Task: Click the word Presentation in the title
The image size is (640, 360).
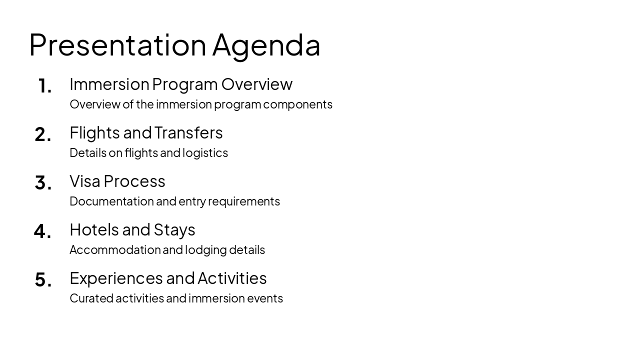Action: pos(117,45)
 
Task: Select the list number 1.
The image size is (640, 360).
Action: pos(44,86)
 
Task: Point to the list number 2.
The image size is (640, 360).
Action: pos(42,134)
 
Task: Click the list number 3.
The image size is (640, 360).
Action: pos(42,183)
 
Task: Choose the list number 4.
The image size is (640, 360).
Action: pos(42,231)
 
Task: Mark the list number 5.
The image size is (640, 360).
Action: pos(42,280)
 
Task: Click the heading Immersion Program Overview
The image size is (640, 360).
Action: pos(180,84)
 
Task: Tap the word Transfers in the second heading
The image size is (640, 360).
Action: pos(188,133)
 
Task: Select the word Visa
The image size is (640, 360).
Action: pos(85,181)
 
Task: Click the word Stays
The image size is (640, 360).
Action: pos(174,230)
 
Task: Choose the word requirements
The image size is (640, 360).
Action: pos(244,201)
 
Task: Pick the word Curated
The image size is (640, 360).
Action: pos(91,298)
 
